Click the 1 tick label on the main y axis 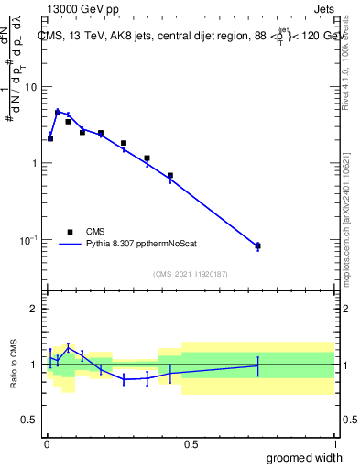(34, 163)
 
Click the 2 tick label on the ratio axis (34, 309)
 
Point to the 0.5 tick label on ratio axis (28, 420)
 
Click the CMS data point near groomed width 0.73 (257, 245)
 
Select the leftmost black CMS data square (50, 139)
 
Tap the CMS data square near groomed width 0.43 (170, 175)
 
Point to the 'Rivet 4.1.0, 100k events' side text (345, 57)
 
